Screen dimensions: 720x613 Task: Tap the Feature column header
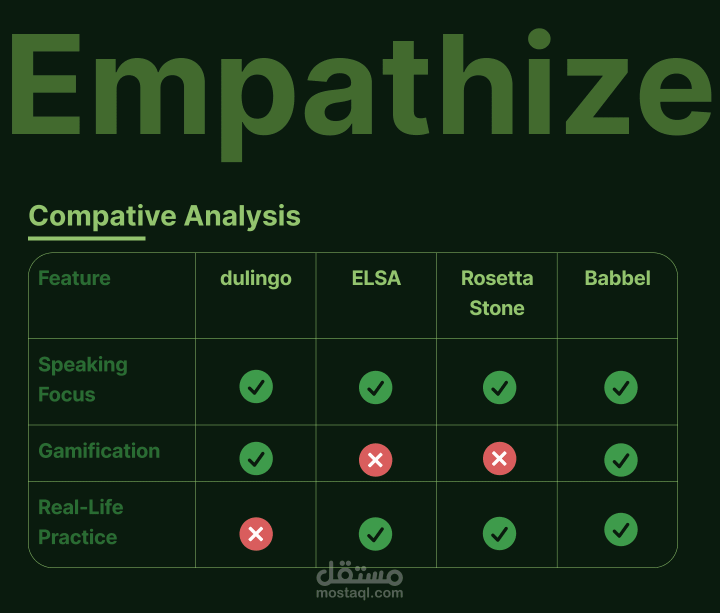click(x=74, y=278)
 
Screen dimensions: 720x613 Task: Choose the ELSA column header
click(x=376, y=278)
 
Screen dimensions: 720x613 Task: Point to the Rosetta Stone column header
click(x=497, y=293)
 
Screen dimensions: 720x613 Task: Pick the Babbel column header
click(x=617, y=278)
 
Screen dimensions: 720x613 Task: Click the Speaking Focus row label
click(x=83, y=379)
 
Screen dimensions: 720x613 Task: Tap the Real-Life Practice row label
click(x=81, y=522)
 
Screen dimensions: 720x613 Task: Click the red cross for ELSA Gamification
click(x=375, y=460)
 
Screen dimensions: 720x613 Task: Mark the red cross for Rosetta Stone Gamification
click(x=499, y=458)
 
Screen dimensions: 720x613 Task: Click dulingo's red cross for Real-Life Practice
click(x=256, y=534)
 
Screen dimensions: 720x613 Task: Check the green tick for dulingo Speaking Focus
click(x=256, y=386)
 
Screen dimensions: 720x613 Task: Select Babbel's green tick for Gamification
click(x=620, y=460)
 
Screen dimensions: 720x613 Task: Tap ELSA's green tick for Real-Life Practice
click(x=375, y=534)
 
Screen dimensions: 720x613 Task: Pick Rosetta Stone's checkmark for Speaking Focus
click(x=499, y=387)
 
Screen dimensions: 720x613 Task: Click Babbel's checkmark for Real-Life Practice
click(x=620, y=529)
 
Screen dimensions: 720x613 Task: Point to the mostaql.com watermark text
click(x=359, y=593)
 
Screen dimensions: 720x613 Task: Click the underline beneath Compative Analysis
click(x=86, y=238)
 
